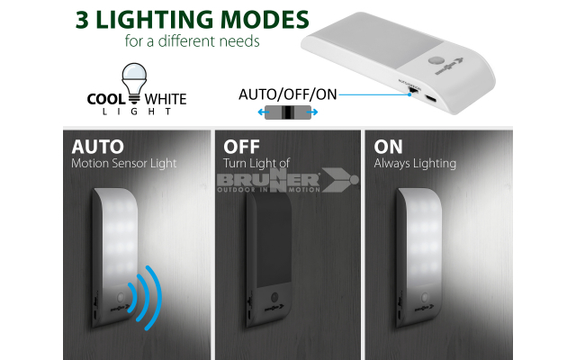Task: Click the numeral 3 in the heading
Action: point(82,20)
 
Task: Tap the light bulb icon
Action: point(134,83)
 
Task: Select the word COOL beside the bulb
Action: point(106,99)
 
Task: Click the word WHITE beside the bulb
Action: point(166,99)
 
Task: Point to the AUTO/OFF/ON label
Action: point(288,94)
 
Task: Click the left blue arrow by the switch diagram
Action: point(261,112)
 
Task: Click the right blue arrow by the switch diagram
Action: point(314,112)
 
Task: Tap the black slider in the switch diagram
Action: point(288,112)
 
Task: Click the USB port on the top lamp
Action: point(430,98)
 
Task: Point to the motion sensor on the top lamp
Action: point(436,60)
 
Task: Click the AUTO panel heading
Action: point(98,147)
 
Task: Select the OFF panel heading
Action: point(242,147)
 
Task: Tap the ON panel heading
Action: point(388,147)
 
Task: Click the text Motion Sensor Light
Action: point(124,163)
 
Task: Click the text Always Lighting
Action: point(415,163)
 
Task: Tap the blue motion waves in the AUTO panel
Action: point(146,298)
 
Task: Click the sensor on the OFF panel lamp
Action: point(274,297)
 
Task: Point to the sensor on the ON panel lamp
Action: point(425,297)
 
